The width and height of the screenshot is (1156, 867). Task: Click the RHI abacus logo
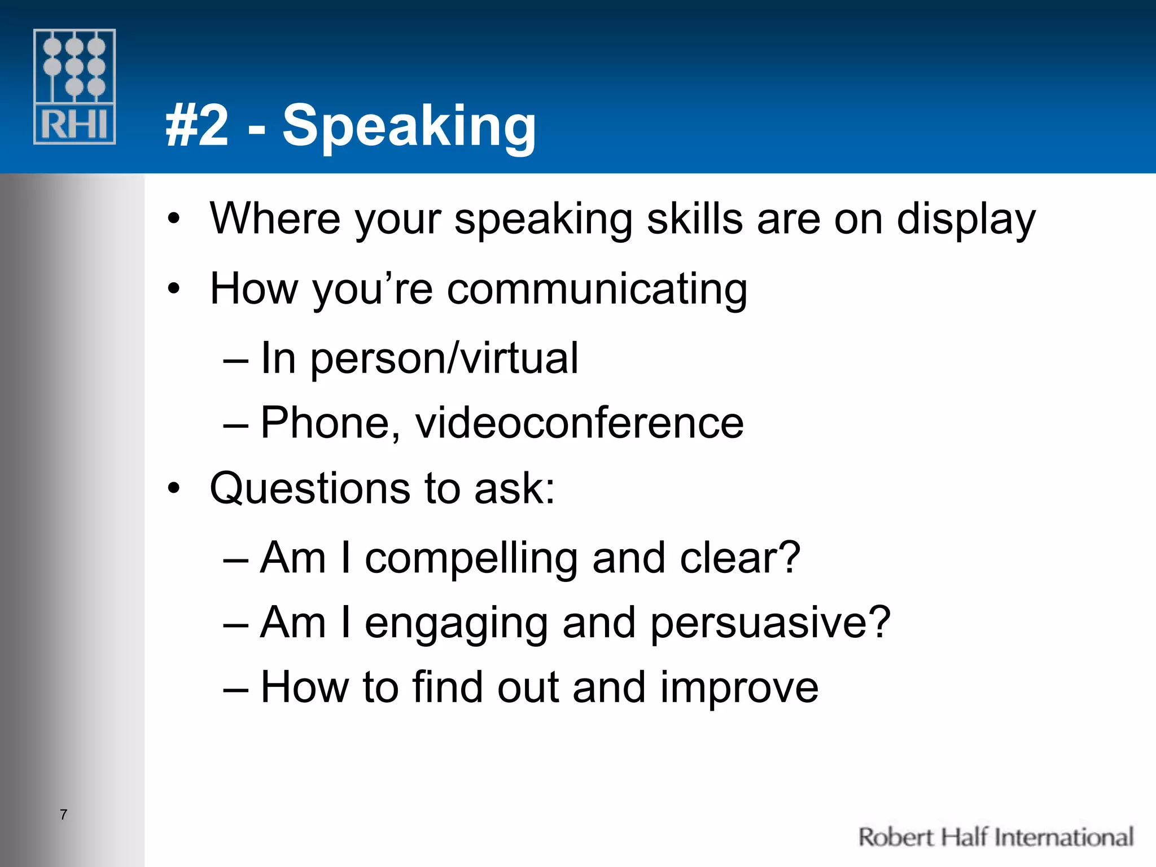(75, 86)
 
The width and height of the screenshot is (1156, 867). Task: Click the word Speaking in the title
(409, 126)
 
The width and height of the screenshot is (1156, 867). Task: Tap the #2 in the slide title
(198, 126)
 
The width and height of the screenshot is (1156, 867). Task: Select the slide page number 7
(64, 815)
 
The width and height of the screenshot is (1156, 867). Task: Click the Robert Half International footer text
(996, 837)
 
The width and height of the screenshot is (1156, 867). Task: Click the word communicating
(597, 289)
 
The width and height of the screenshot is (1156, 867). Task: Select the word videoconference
(579, 423)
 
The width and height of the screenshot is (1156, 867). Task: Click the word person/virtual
(444, 359)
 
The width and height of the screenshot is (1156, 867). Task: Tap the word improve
(739, 688)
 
